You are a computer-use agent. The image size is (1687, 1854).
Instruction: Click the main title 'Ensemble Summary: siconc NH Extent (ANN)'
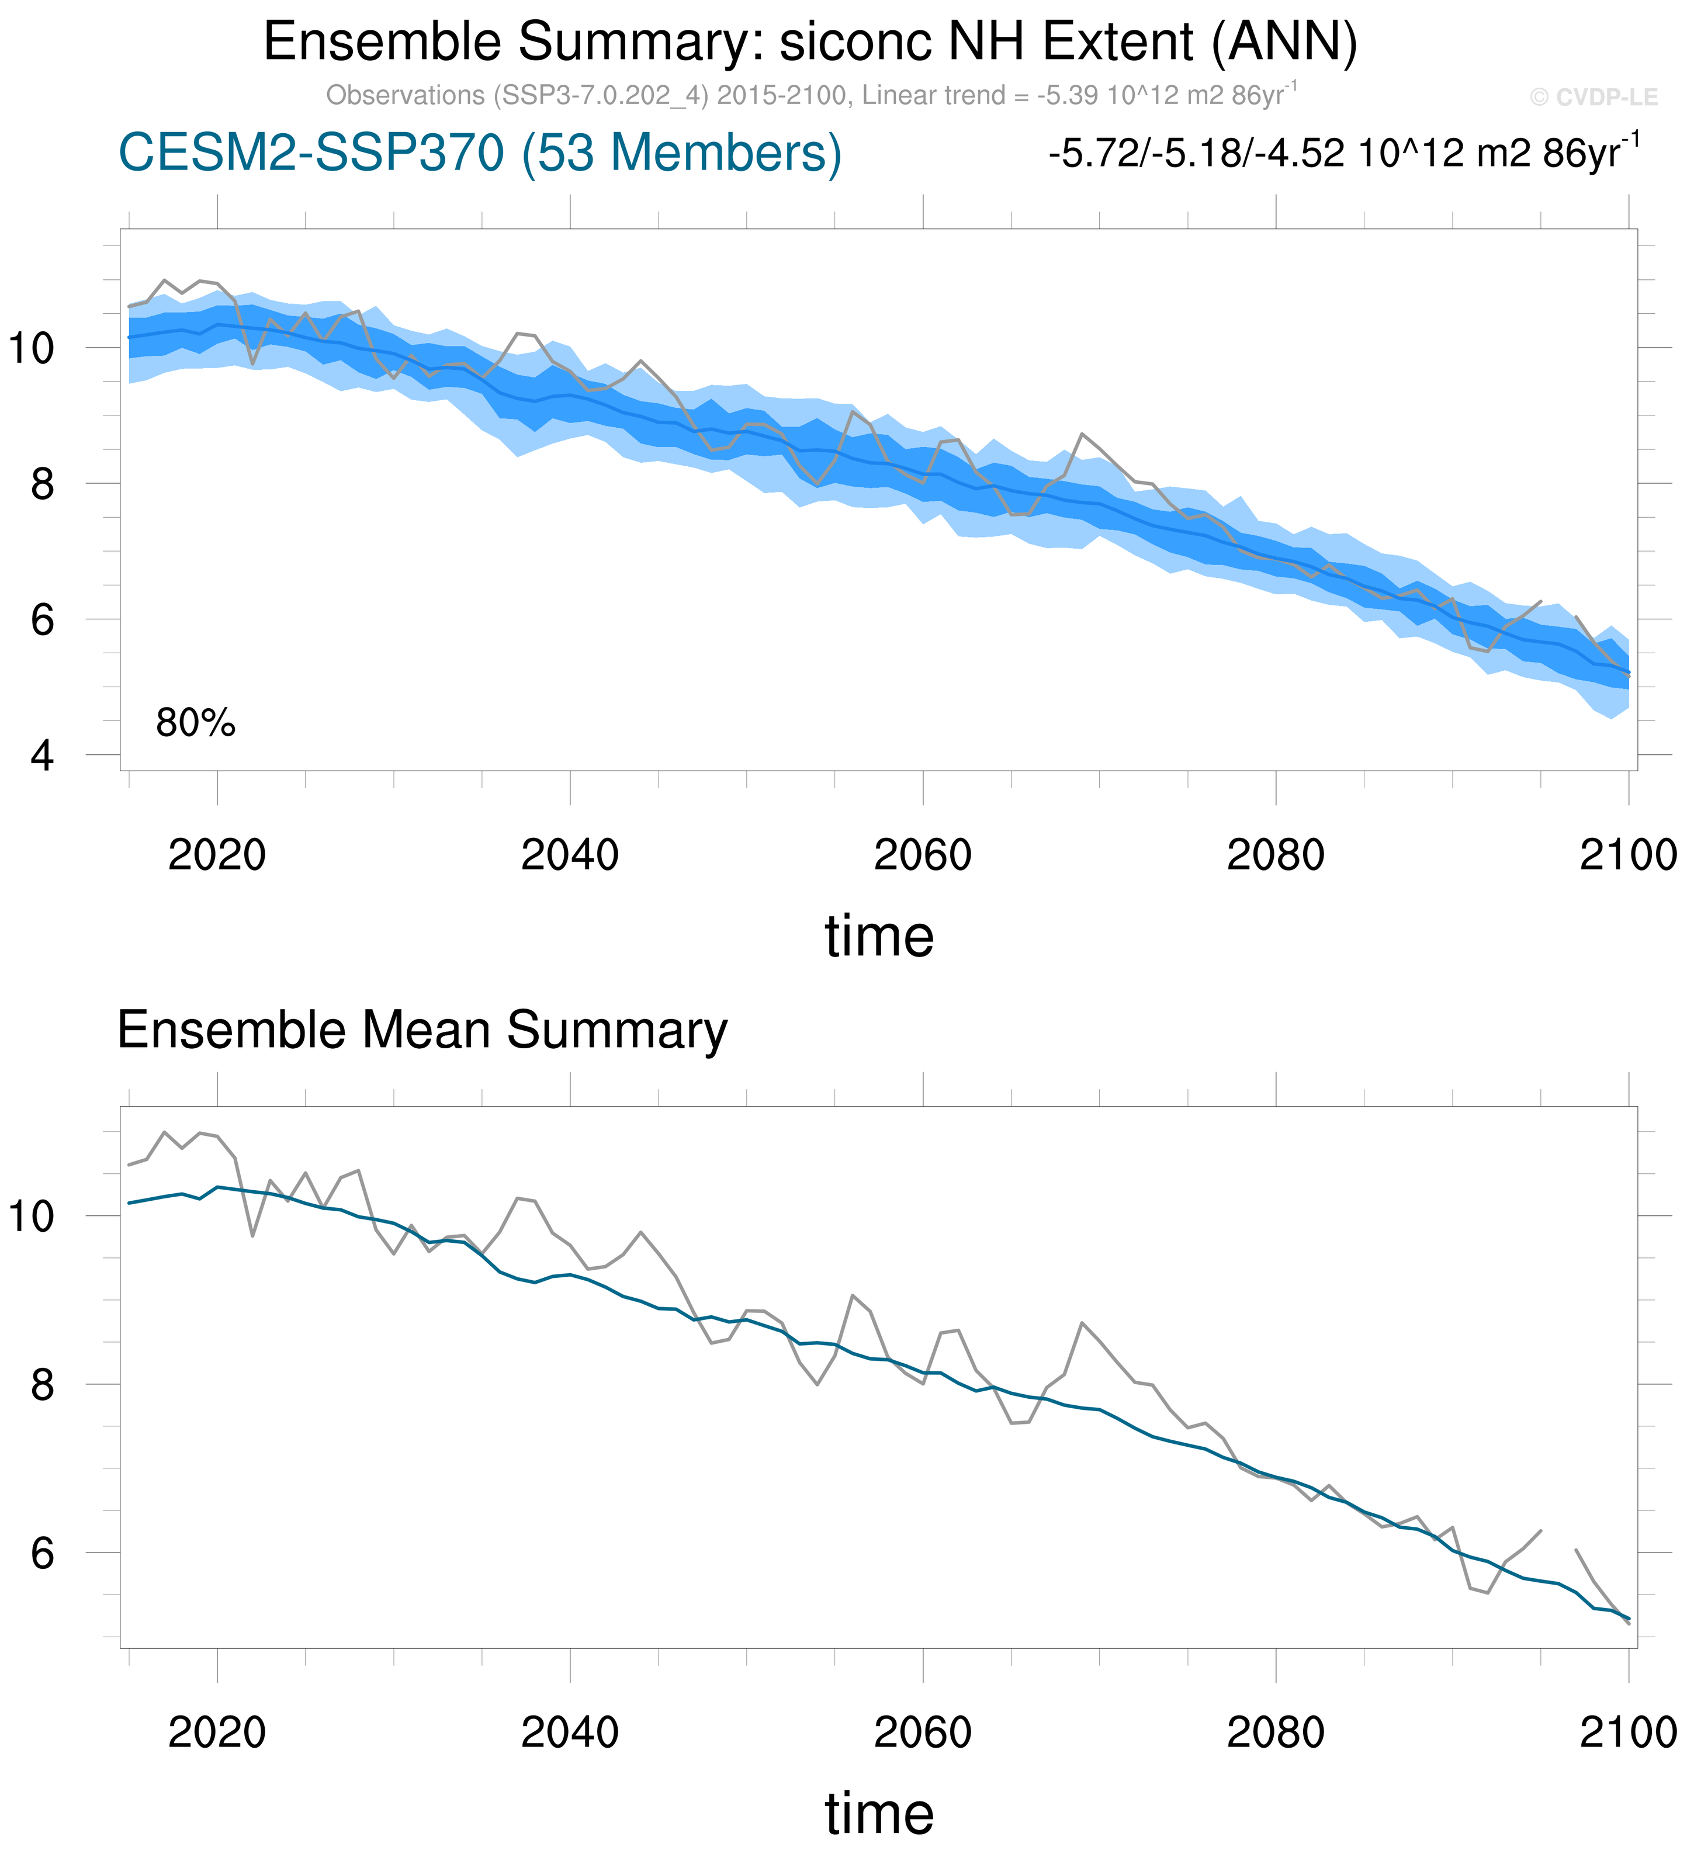click(x=809, y=42)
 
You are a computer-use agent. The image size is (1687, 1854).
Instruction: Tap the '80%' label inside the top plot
click(x=195, y=724)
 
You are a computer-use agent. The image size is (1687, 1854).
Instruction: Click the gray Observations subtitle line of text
click(x=811, y=95)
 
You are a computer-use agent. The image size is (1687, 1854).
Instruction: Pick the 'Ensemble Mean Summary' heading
click(x=422, y=1030)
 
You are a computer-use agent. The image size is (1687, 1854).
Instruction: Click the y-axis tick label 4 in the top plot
click(x=42, y=756)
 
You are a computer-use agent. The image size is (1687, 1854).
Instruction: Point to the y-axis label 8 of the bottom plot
click(x=42, y=1385)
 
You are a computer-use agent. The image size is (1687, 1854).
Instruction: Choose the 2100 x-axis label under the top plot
click(x=1628, y=856)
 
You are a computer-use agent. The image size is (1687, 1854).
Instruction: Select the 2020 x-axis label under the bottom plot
click(x=217, y=1734)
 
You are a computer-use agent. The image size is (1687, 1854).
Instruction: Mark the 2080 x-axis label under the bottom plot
click(x=1275, y=1734)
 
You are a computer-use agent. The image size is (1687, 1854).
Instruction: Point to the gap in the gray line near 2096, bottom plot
click(x=1558, y=1541)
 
